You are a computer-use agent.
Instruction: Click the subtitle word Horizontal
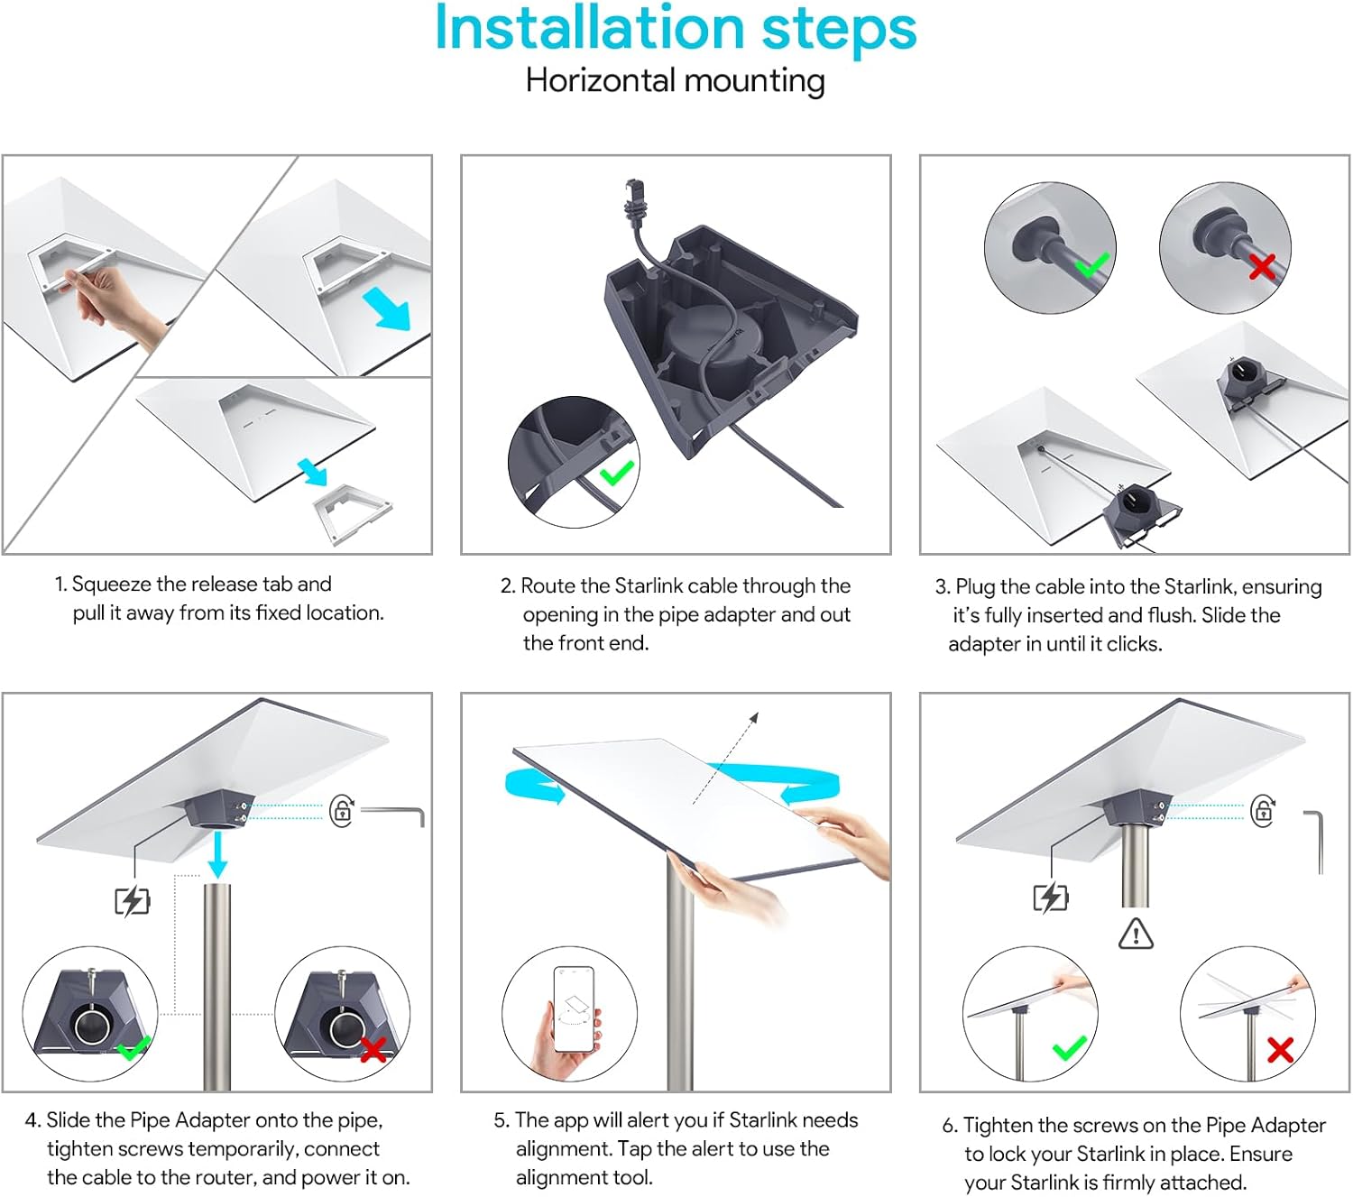pyautogui.click(x=597, y=81)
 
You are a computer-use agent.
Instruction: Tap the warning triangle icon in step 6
pyautogui.click(x=1136, y=934)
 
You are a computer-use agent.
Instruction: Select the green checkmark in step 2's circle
pyautogui.click(x=617, y=472)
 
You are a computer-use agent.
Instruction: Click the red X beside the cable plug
pyautogui.click(x=1262, y=266)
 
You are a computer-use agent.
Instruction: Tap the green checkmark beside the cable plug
pyautogui.click(x=1092, y=264)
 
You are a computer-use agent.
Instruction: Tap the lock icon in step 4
pyautogui.click(x=342, y=811)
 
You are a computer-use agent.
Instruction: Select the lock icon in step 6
pyautogui.click(x=1263, y=810)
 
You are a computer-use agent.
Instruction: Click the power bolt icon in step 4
pyautogui.click(x=132, y=901)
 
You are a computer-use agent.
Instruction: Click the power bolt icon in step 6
pyautogui.click(x=1050, y=898)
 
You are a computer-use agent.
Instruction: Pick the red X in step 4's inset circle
pyautogui.click(x=373, y=1049)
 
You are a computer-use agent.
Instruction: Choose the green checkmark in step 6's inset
pyautogui.click(x=1070, y=1049)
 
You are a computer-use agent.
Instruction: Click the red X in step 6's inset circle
pyautogui.click(x=1280, y=1049)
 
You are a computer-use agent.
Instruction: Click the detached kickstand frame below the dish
pyautogui.click(x=352, y=512)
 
